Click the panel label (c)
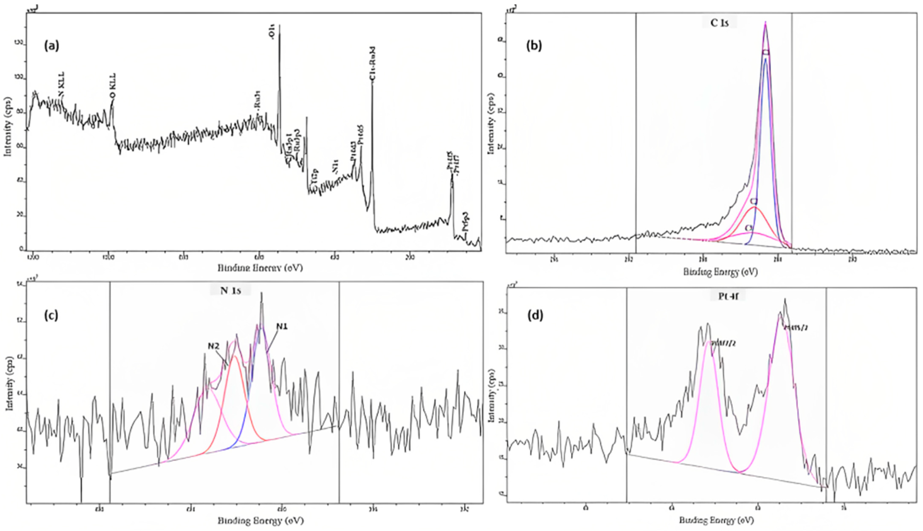click(51, 315)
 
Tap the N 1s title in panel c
click(230, 290)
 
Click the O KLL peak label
click(113, 86)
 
